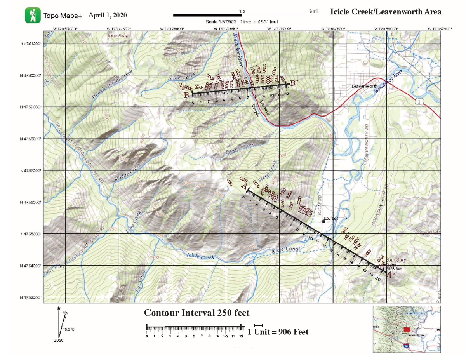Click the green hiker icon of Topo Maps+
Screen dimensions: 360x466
tap(33, 15)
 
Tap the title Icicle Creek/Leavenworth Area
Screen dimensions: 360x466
tap(385, 12)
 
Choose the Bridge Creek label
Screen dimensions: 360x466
tap(127, 174)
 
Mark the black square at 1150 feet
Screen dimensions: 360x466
tap(323, 221)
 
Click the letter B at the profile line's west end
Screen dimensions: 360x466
tap(187, 95)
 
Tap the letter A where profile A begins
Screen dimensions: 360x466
tap(244, 187)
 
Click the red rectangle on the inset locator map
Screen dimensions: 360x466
tap(407, 329)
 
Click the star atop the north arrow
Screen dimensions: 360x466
tap(58, 308)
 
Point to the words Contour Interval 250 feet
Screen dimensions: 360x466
tap(196, 313)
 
